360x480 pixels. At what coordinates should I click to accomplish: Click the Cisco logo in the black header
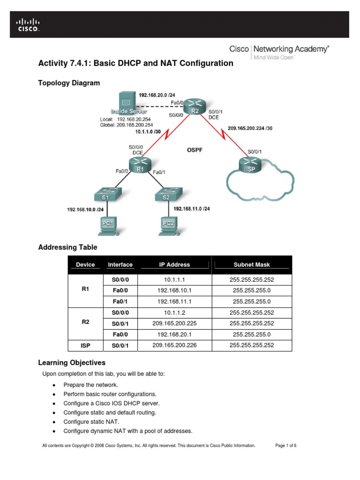pos(28,24)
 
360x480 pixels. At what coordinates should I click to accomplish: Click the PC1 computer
pos(108,225)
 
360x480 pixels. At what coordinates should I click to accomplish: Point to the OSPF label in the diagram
pos(196,150)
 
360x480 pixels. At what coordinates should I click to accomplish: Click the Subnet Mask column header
pos(252,265)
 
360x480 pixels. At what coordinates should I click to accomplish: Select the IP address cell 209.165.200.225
pos(174,323)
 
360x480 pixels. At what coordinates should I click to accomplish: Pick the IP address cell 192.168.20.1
pos(174,335)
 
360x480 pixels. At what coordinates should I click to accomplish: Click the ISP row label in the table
pos(85,346)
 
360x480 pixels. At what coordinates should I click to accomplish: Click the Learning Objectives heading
pos(71,363)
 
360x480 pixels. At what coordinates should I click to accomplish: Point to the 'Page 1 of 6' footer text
pos(285,446)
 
